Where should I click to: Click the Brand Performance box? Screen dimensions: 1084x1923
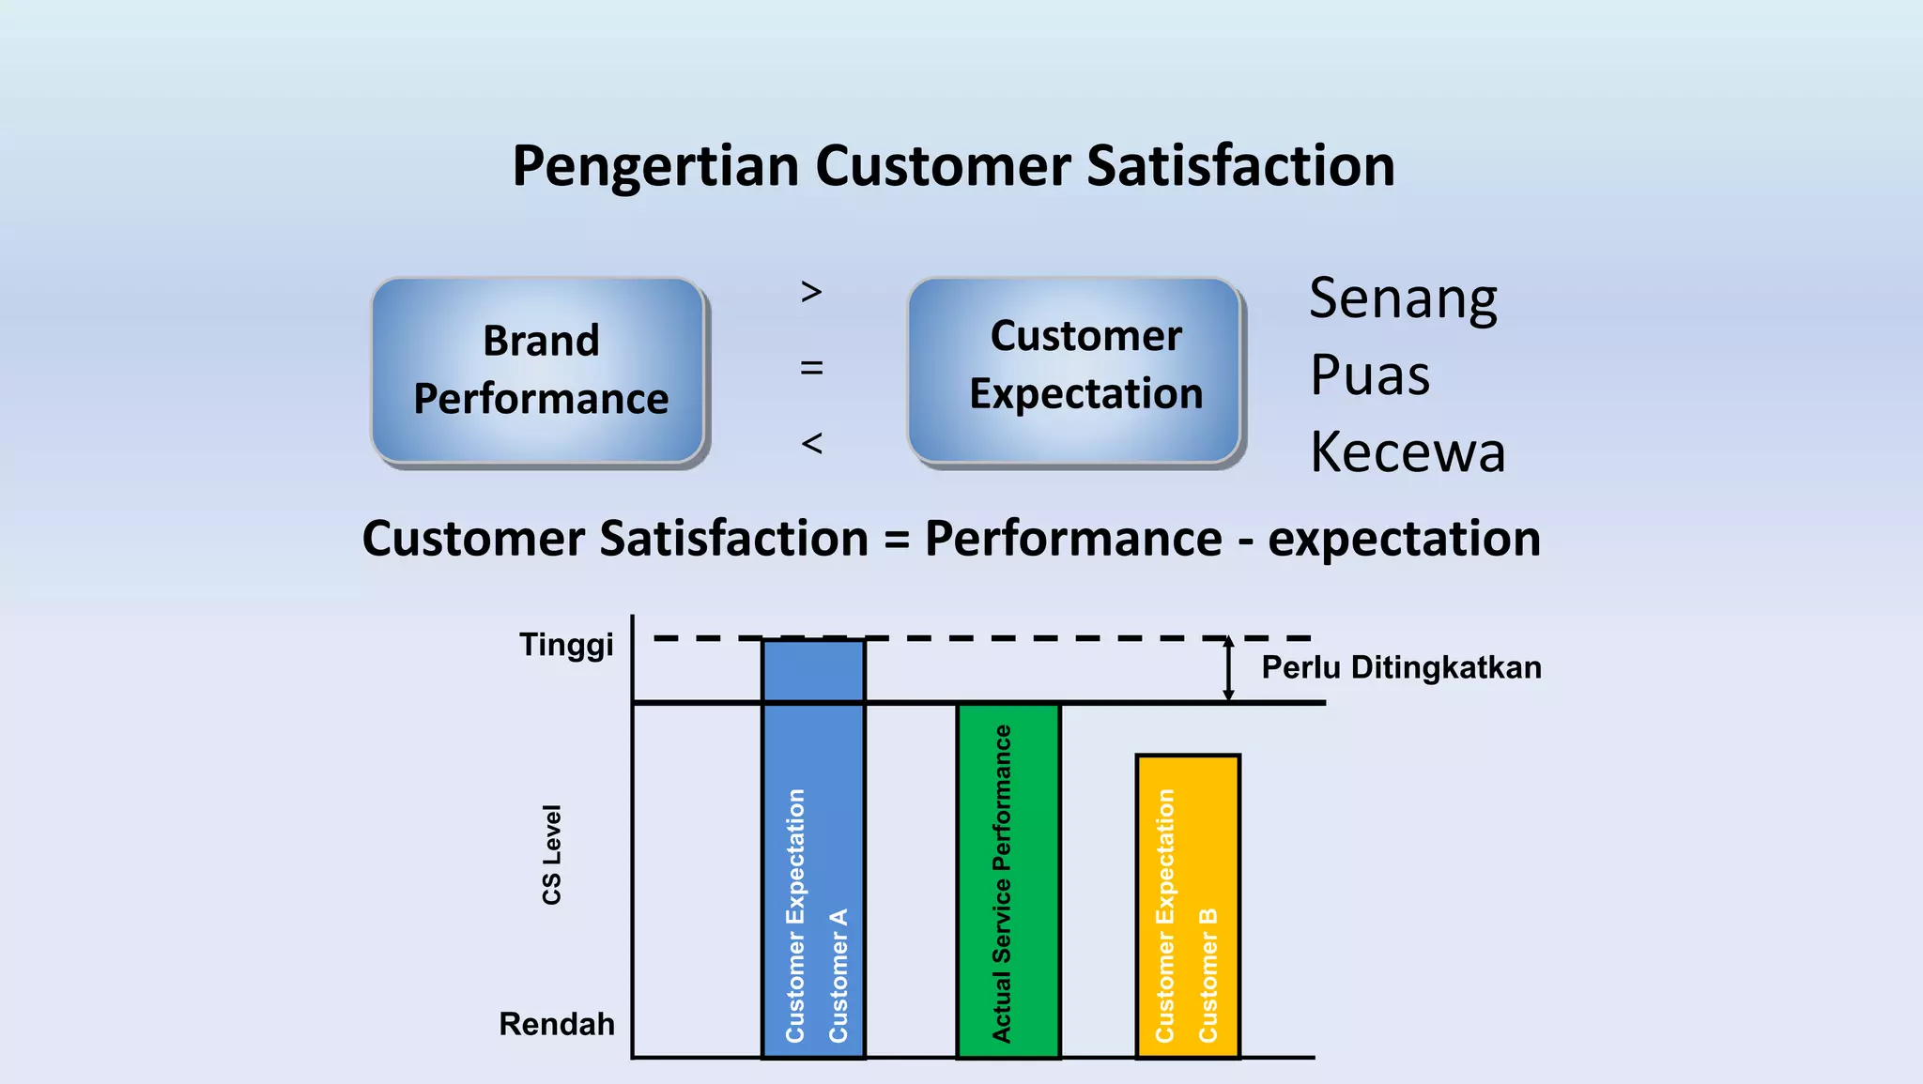point(539,370)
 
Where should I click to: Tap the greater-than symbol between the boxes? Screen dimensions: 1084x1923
point(812,292)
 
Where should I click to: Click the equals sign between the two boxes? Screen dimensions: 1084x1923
point(812,368)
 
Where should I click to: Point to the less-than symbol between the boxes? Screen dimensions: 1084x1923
point(812,443)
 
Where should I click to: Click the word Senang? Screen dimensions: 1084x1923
point(1403,300)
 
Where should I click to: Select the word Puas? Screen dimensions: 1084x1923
point(1370,375)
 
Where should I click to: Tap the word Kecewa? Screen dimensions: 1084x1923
point(1408,452)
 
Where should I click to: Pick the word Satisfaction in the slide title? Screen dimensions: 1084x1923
point(1240,166)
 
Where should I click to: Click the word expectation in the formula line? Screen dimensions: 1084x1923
point(1404,540)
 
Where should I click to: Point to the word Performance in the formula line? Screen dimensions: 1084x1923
point(1073,540)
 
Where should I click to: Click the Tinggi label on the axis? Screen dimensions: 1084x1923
point(566,646)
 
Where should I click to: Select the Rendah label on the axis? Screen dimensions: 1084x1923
point(557,1024)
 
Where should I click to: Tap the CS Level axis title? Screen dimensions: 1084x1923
point(552,854)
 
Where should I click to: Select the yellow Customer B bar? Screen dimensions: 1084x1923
point(1188,906)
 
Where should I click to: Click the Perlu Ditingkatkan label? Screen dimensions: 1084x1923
point(1401,668)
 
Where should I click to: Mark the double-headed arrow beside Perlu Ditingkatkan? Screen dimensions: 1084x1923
point(1228,669)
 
